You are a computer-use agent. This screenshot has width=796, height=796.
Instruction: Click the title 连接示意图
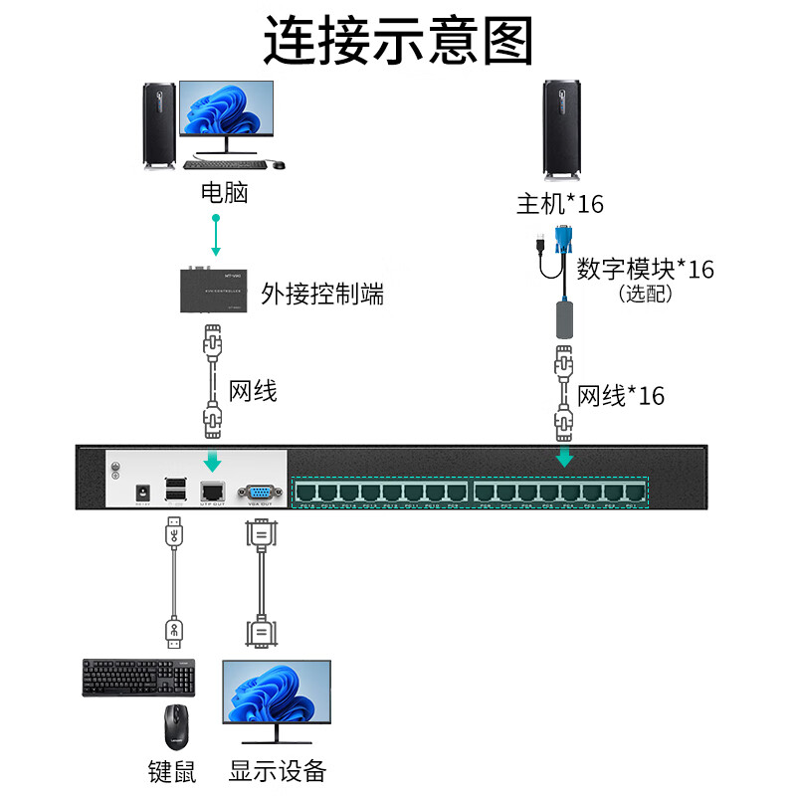398,43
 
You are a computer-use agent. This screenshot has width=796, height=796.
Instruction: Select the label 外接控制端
321,294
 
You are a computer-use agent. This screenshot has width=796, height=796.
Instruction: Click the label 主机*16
559,204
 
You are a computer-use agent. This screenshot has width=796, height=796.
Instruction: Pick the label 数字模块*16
645,269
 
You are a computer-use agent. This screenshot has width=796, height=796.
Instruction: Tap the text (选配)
645,294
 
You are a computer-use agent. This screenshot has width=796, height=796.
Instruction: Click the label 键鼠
170,771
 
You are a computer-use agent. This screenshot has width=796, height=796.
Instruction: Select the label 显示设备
277,771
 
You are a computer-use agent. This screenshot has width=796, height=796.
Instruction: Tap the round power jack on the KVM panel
143,492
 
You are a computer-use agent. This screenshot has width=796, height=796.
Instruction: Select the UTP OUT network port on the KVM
213,491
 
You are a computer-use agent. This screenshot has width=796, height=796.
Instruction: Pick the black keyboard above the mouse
139,677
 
